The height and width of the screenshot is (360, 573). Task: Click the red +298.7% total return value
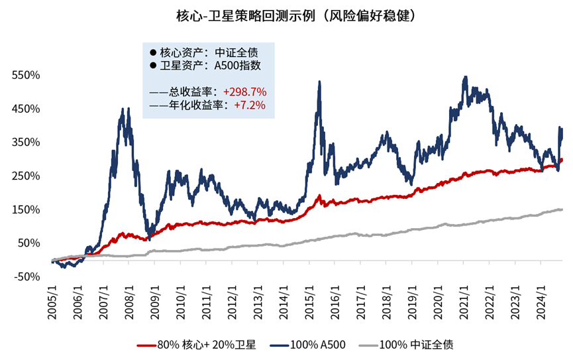pyautogui.click(x=244, y=91)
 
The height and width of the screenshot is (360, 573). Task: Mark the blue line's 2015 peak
pyautogui.click(x=320, y=82)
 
